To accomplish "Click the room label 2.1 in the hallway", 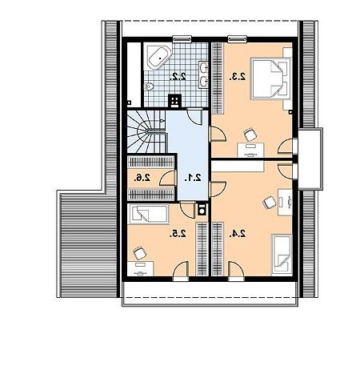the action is [x=193, y=178].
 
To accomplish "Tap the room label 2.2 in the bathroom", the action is [x=178, y=77].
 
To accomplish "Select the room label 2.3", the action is [x=238, y=77].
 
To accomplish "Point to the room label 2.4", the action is [x=238, y=234].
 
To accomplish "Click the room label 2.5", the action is [x=178, y=234].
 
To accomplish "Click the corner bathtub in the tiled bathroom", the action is [x=158, y=58].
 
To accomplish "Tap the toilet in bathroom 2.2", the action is [x=150, y=86].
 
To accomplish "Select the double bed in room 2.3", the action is [x=270, y=78].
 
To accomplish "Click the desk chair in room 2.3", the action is [x=250, y=135].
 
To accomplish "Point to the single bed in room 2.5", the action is [x=148, y=214].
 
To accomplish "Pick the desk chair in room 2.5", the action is [x=140, y=253].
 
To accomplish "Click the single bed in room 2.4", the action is [x=282, y=255].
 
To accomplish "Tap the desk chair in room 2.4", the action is [x=270, y=203].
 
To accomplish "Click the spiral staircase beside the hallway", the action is [x=146, y=131].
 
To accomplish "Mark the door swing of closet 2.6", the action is [x=168, y=178].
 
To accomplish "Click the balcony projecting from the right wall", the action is [x=310, y=159].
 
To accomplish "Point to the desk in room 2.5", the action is [x=141, y=269].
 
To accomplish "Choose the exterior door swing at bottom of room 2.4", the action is [x=236, y=271].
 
